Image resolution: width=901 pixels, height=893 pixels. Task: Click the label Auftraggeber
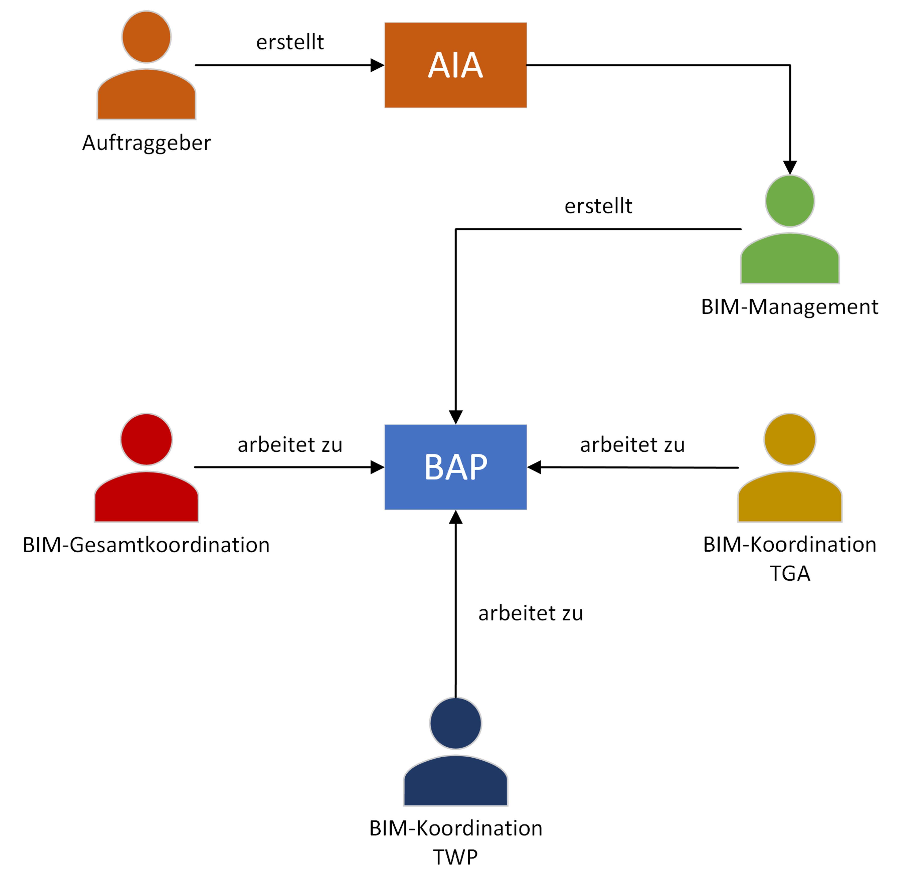(x=146, y=143)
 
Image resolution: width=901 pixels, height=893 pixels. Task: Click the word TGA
(x=790, y=573)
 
